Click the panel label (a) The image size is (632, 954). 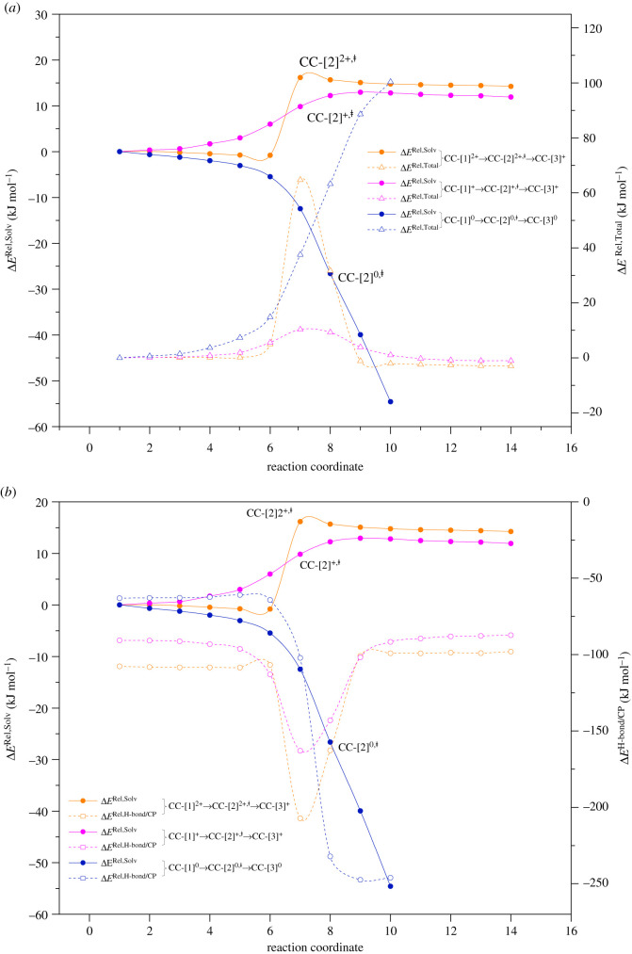(x=12, y=8)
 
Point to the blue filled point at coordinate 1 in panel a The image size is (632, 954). (x=120, y=152)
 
